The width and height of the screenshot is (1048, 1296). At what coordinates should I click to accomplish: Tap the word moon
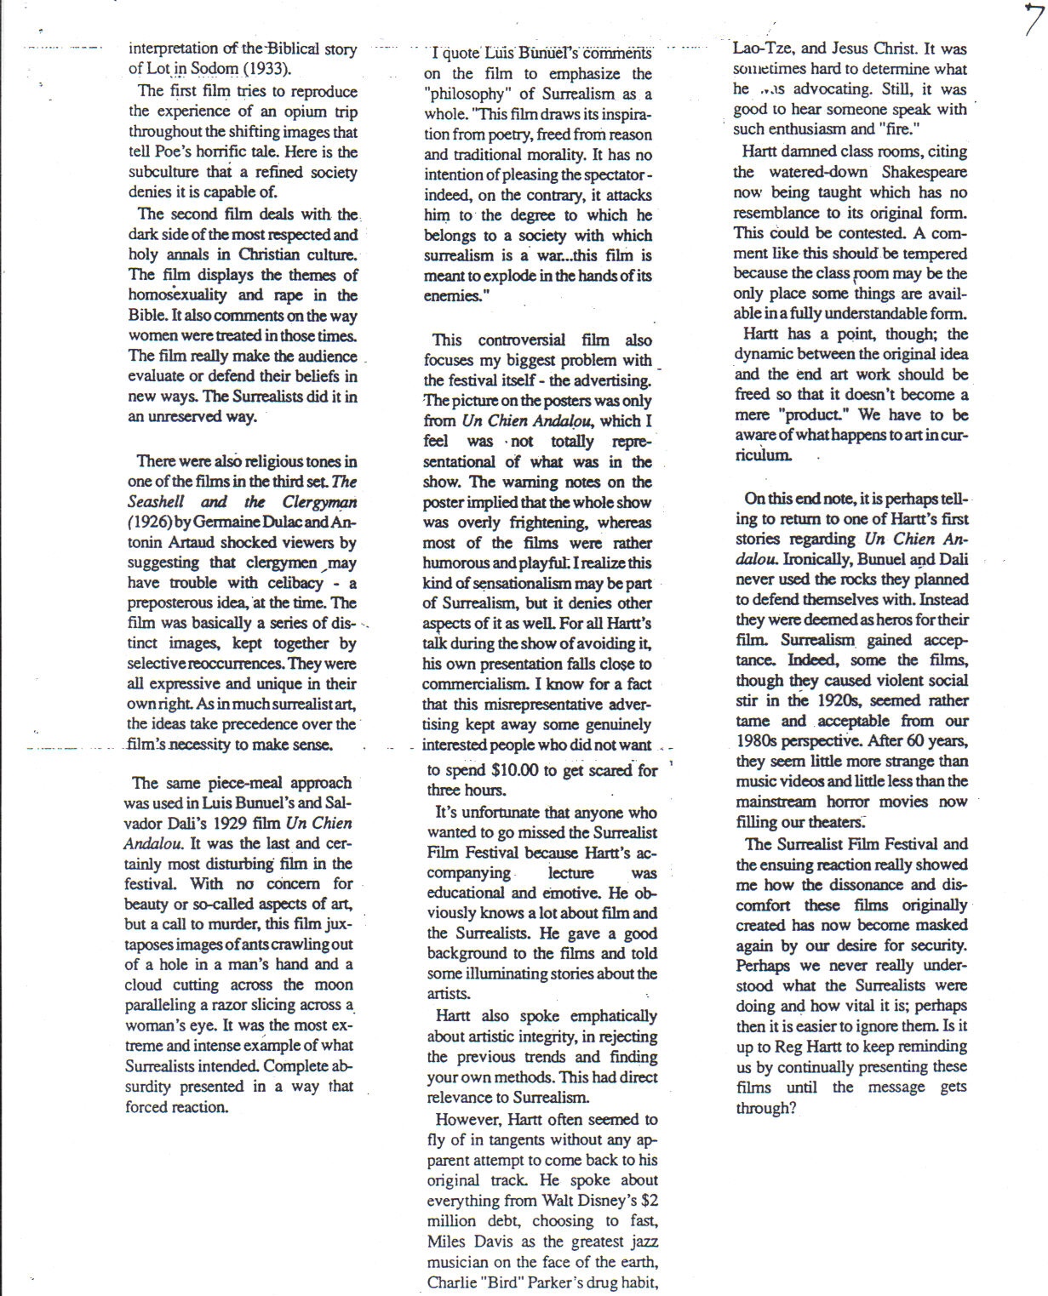pyautogui.click(x=334, y=985)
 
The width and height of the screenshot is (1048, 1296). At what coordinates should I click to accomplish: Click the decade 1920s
pyautogui.click(x=838, y=701)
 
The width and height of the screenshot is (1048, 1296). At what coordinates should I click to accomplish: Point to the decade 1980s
pyautogui.click(x=761, y=741)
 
